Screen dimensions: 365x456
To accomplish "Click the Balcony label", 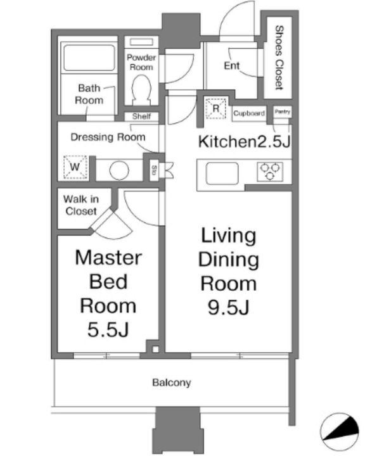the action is pyautogui.click(x=172, y=382).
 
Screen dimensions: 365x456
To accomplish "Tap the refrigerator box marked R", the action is pyautogui.click(x=215, y=108).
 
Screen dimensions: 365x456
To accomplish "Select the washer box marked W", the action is pyautogui.click(x=75, y=167).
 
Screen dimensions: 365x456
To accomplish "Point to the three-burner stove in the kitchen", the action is pyautogui.click(x=270, y=172).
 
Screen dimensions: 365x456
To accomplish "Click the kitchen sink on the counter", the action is pyautogui.click(x=222, y=174).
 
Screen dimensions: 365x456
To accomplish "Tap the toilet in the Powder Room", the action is pyautogui.click(x=141, y=89).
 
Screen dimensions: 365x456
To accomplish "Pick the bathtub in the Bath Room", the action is pyautogui.click(x=89, y=58).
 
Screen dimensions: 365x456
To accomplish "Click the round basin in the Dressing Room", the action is pyautogui.click(x=119, y=170).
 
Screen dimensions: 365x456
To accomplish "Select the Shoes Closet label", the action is pyautogui.click(x=279, y=58).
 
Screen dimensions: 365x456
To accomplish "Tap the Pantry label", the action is pyautogui.click(x=283, y=111).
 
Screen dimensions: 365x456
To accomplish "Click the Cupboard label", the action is pyautogui.click(x=249, y=113).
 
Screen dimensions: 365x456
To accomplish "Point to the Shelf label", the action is pyautogui.click(x=141, y=117).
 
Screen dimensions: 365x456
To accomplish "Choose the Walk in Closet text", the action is pyautogui.click(x=81, y=205).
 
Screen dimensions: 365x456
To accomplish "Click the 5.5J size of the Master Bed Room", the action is pyautogui.click(x=108, y=330).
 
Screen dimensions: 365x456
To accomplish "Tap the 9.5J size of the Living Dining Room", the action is pyautogui.click(x=229, y=307).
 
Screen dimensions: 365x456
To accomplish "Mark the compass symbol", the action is pyautogui.click(x=340, y=431).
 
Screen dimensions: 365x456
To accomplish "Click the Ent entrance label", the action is pyautogui.click(x=232, y=66).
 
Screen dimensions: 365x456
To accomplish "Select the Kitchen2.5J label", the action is pyautogui.click(x=245, y=142).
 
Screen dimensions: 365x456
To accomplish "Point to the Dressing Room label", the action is pyautogui.click(x=108, y=137).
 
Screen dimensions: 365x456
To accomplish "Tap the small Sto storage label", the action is pyautogui.click(x=154, y=170).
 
